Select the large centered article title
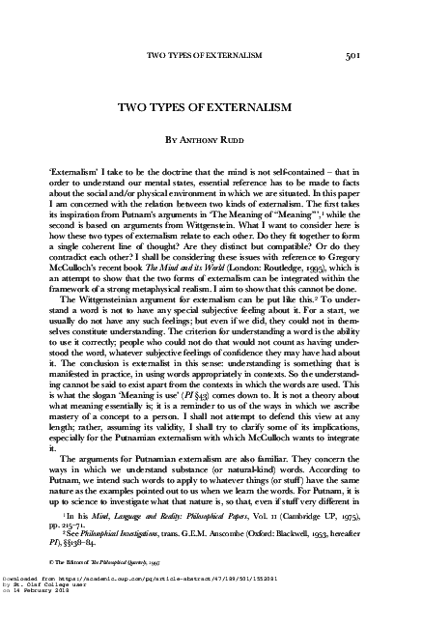[x=211, y=105]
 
